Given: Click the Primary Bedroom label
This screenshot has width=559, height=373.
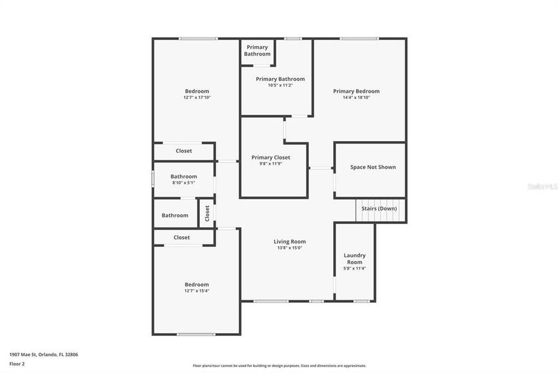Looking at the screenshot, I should click(356, 91).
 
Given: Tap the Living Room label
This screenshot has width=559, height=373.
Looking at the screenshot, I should click(290, 242).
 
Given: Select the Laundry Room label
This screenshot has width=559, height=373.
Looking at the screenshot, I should click(355, 259).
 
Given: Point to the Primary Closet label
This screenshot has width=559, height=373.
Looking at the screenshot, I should click(271, 157).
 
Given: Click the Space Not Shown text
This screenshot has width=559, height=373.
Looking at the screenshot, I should click(373, 167).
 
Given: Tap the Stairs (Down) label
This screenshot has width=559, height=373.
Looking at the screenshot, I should click(379, 209).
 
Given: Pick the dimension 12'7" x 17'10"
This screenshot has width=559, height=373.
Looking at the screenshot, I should click(197, 98).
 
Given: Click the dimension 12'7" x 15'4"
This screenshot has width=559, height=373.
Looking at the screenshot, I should click(197, 291).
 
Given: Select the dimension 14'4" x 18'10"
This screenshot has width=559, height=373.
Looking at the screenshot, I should click(356, 98).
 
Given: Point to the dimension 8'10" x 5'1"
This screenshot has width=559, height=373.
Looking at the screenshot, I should click(184, 183).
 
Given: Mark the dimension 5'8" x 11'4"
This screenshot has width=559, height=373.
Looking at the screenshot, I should click(355, 269).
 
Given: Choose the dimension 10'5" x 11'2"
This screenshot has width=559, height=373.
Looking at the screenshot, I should click(280, 85).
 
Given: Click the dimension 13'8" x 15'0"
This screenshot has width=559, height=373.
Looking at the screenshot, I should click(290, 248).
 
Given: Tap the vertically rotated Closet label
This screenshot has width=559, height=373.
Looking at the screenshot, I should click(207, 213).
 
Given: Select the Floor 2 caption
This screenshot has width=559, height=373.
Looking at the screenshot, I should click(16, 363).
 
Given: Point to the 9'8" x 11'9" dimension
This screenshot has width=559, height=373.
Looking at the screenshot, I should click(271, 163).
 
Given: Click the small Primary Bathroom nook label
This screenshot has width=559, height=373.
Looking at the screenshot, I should click(257, 50).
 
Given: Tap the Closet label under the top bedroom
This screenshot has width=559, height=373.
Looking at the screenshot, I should click(184, 151).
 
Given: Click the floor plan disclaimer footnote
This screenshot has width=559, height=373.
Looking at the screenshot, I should click(279, 366).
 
